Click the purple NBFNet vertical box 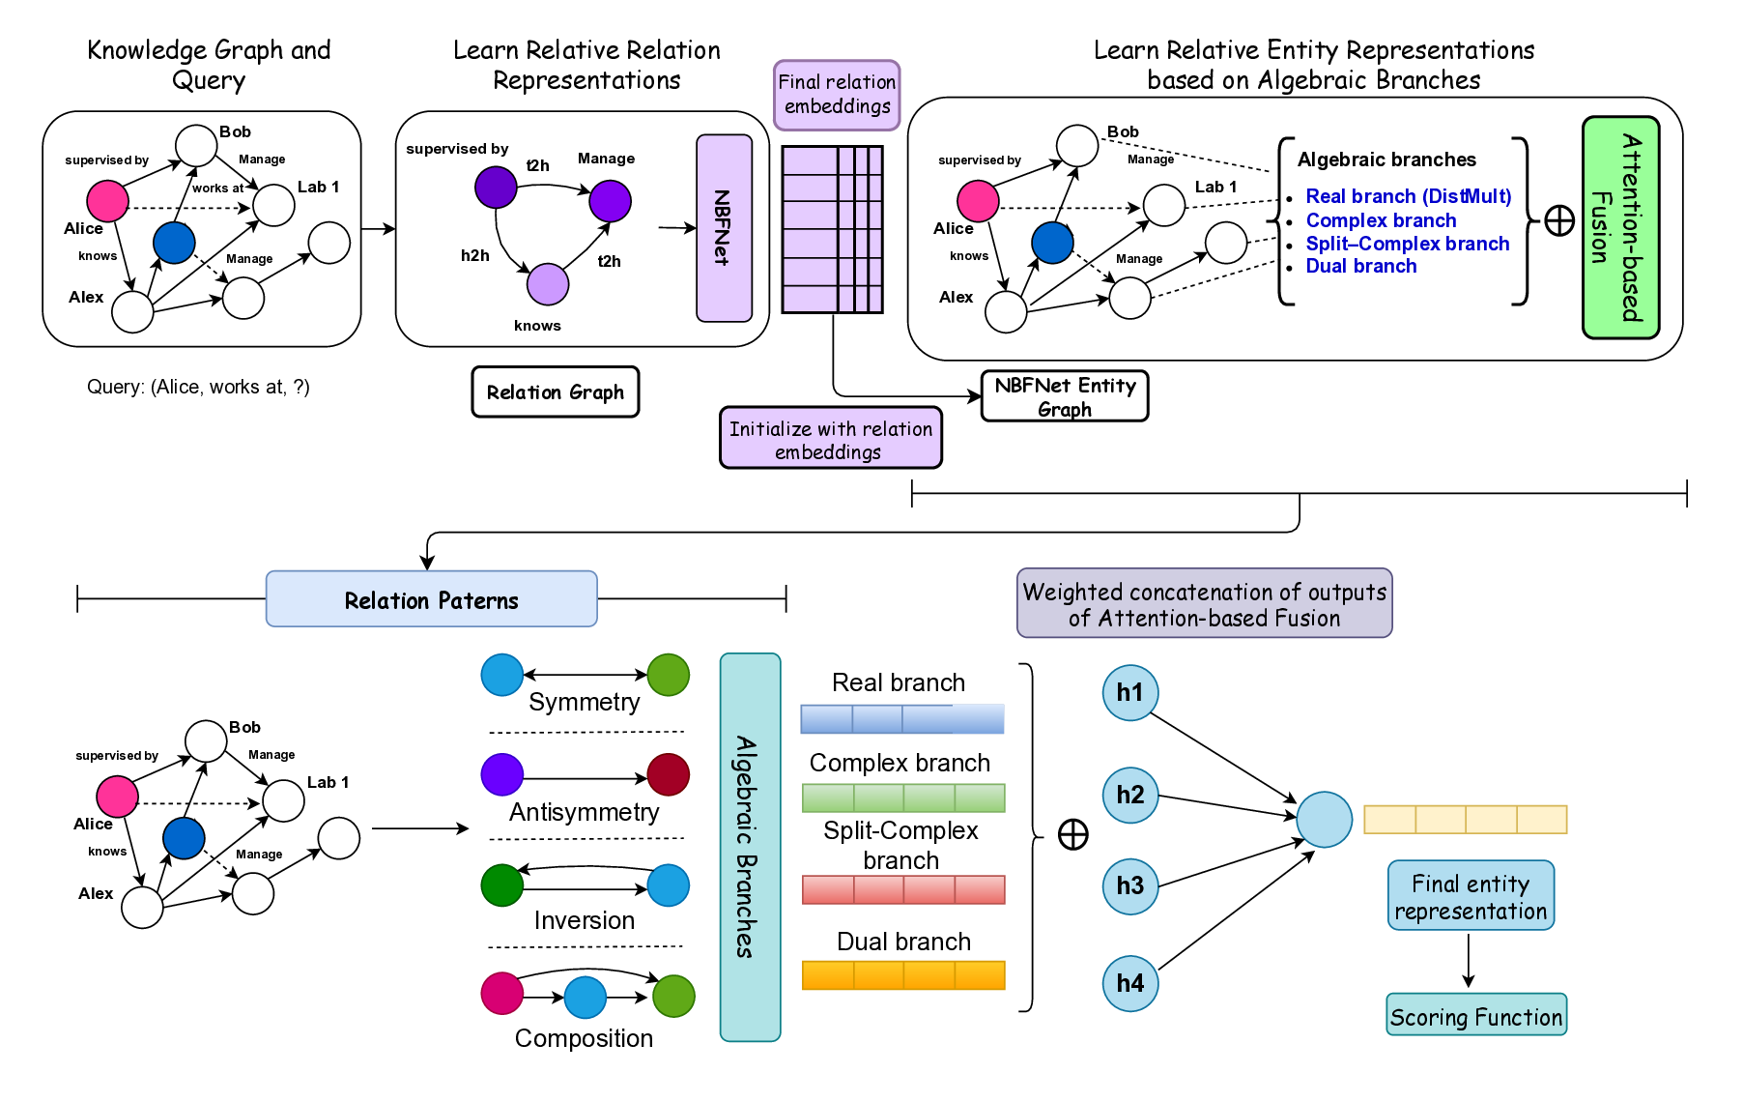click(724, 228)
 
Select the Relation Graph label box click(555, 391)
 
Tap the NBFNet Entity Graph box click(1064, 396)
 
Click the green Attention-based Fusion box click(1620, 227)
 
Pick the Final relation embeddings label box click(837, 95)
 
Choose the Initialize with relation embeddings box click(830, 439)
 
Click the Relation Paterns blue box click(431, 599)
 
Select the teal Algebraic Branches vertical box click(749, 847)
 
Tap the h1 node click(1129, 692)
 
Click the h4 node click(1129, 983)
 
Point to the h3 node click(1129, 885)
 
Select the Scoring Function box click(1475, 1016)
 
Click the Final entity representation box click(1470, 896)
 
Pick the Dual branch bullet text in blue click(1360, 266)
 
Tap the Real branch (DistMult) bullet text click(1408, 196)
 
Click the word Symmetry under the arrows click(584, 702)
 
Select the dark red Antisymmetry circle click(668, 774)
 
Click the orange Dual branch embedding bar click(902, 974)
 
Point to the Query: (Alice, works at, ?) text click(198, 387)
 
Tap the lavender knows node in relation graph click(547, 284)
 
